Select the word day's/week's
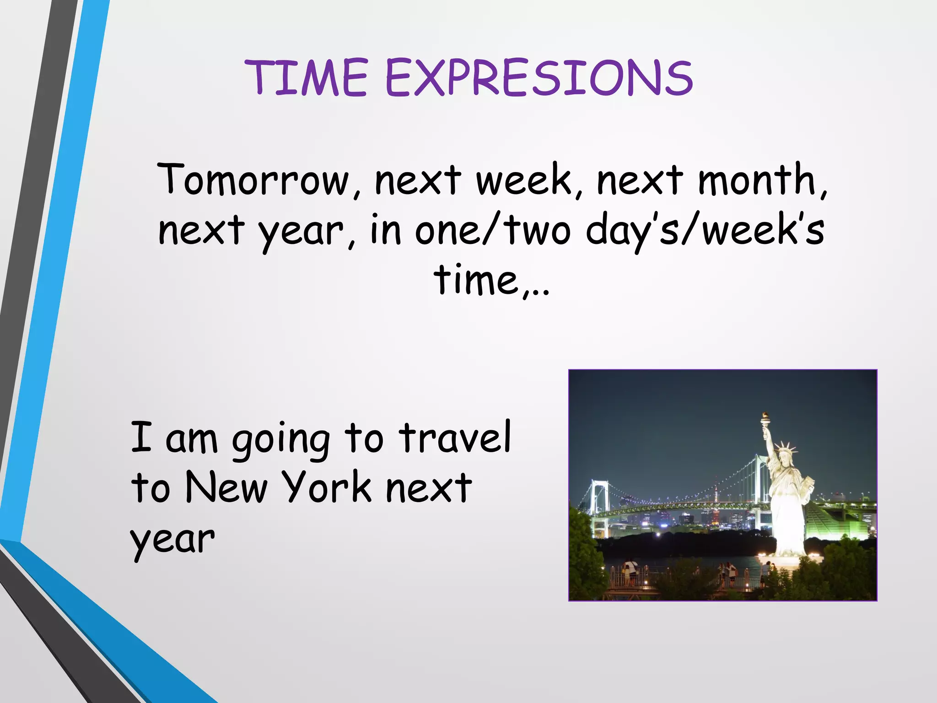pos(705,230)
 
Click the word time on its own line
pos(476,280)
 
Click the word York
pos(326,488)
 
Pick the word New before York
pos(226,488)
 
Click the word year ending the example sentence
pos(172,540)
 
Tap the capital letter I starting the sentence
pos(140,438)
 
